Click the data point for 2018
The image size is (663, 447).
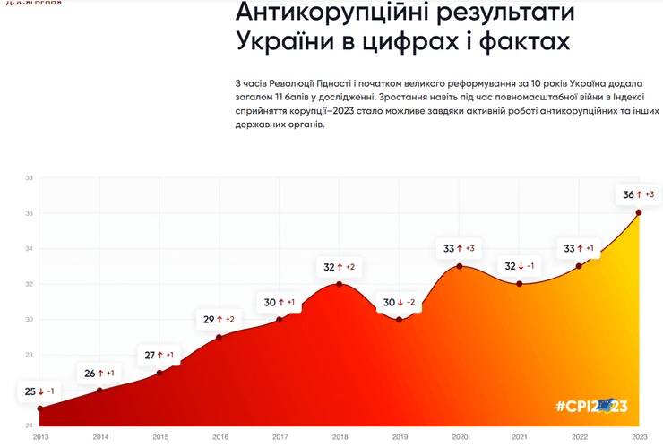(340, 284)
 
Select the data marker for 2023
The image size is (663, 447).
(639, 212)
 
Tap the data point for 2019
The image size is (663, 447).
(400, 320)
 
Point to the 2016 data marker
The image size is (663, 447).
(220, 337)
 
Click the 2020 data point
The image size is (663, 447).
(460, 266)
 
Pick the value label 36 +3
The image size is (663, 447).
(639, 194)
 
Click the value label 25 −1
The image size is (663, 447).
(39, 391)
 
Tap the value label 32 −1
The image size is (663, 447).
(520, 266)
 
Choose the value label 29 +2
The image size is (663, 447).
(220, 320)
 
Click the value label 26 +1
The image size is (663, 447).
(99, 373)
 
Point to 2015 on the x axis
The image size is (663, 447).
(159, 436)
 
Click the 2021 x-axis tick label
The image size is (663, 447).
(520, 436)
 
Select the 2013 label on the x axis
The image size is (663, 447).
(40, 436)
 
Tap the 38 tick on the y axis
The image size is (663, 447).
(29, 178)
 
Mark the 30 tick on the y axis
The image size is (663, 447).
(29, 320)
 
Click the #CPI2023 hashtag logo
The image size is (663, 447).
(591, 407)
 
